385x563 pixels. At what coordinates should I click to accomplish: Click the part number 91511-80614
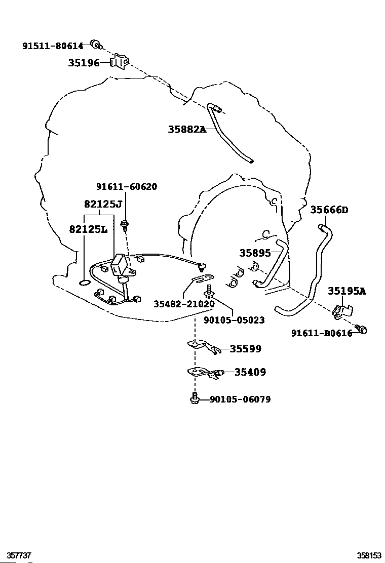53,46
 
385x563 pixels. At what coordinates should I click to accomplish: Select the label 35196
84,63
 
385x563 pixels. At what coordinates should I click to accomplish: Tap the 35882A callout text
187,129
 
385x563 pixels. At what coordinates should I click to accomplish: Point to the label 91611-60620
127,187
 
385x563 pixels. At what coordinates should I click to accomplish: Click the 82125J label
103,205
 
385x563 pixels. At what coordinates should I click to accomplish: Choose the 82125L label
88,229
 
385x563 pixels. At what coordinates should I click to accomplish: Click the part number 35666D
329,210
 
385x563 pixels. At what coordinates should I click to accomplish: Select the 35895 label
255,253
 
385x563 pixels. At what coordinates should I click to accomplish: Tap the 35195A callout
346,291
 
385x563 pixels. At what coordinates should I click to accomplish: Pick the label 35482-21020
184,304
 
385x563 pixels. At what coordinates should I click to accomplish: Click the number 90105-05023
234,320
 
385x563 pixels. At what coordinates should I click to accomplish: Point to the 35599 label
246,349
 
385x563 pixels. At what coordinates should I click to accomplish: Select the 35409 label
250,372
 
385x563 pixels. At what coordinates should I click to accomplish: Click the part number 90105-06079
240,399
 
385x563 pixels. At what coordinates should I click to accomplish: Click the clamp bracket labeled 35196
120,61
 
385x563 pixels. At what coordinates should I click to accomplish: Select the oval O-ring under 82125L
85,284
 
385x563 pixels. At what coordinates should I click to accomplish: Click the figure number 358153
369,555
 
